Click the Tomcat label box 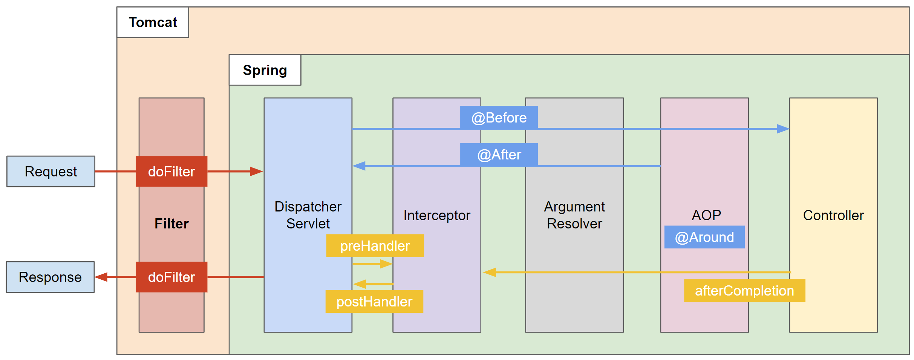pyautogui.click(x=153, y=22)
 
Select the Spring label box pyautogui.click(x=265, y=70)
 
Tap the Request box pyautogui.click(x=51, y=172)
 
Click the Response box pyautogui.click(x=50, y=277)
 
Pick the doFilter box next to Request pyautogui.click(x=171, y=172)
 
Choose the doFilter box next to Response pyautogui.click(x=171, y=277)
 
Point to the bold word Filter pyautogui.click(x=171, y=224)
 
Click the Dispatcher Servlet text pyautogui.click(x=308, y=215)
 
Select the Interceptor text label pyautogui.click(x=437, y=215)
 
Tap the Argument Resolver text pyautogui.click(x=574, y=215)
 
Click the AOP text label pyautogui.click(x=706, y=215)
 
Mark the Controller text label pyautogui.click(x=833, y=215)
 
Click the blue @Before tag pyautogui.click(x=499, y=118)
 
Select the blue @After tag pyautogui.click(x=499, y=155)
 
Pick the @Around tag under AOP pyautogui.click(x=704, y=237)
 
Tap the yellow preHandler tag pyautogui.click(x=375, y=246)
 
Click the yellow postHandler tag pyautogui.click(x=374, y=302)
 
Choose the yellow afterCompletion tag pyautogui.click(x=744, y=291)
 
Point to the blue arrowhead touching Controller pyautogui.click(x=783, y=129)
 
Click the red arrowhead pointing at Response pyautogui.click(x=101, y=277)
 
